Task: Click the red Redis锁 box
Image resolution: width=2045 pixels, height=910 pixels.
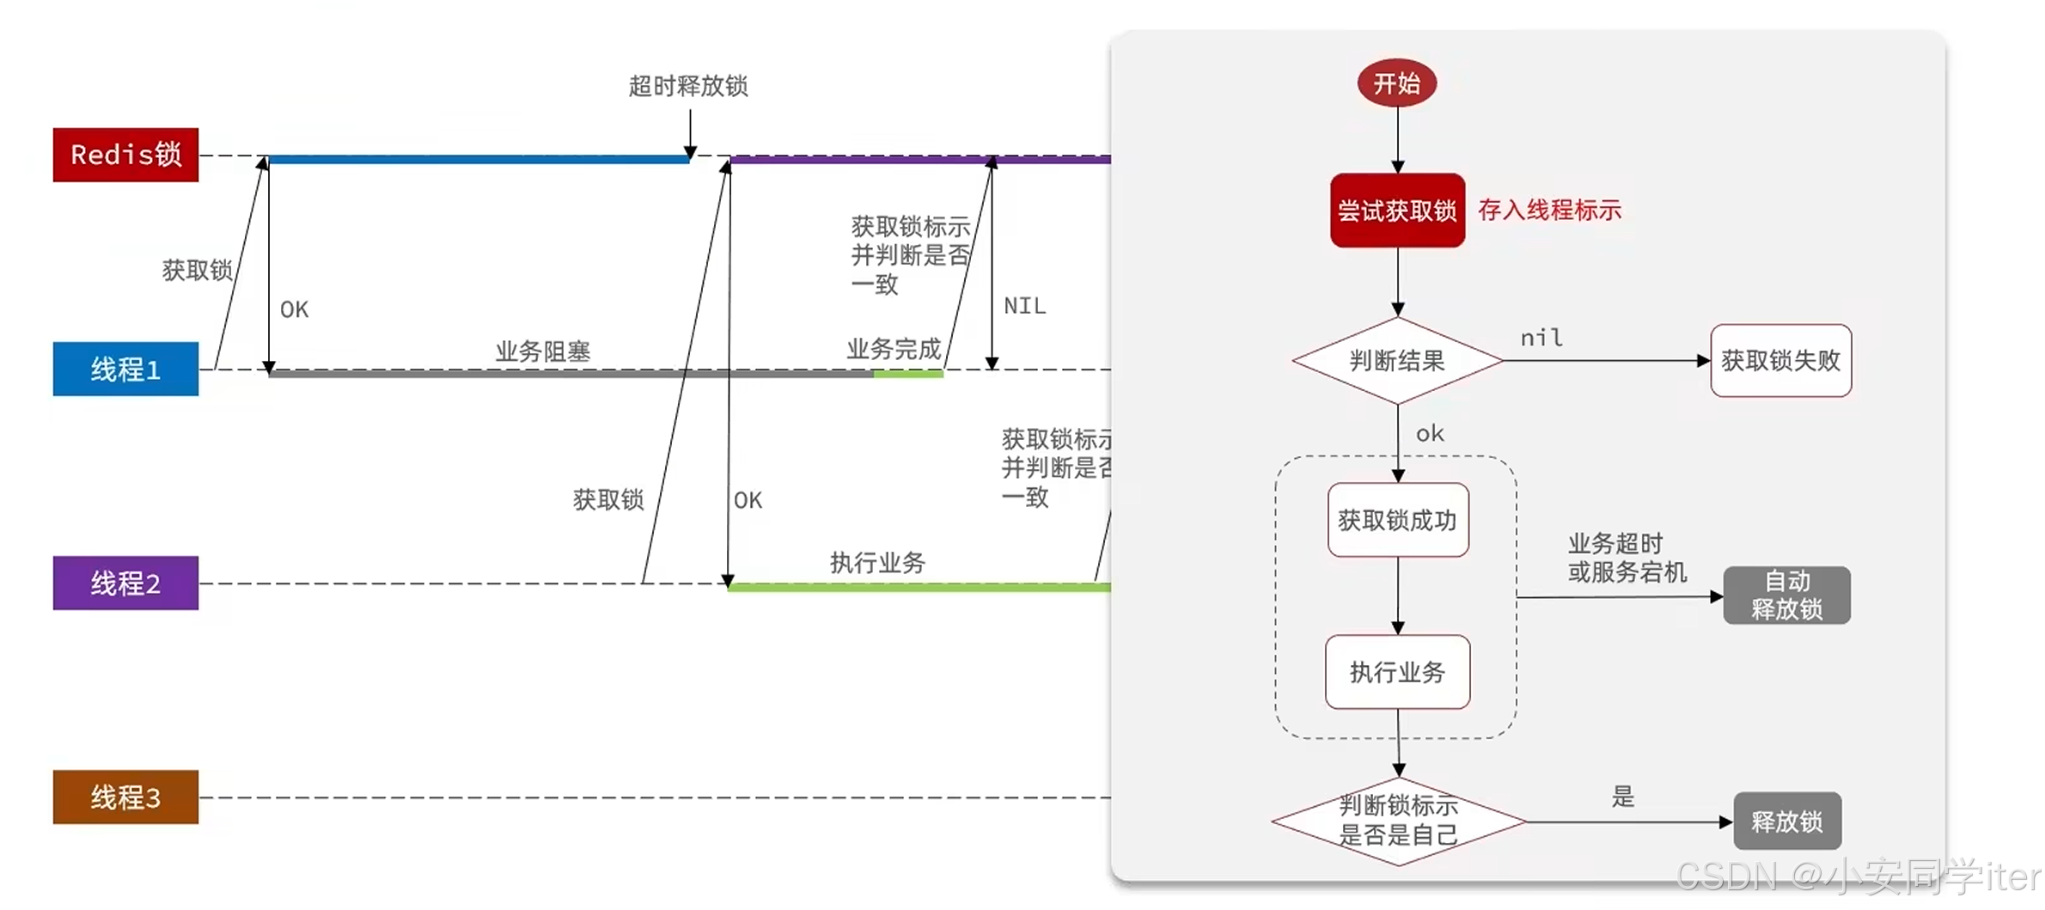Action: [x=125, y=155]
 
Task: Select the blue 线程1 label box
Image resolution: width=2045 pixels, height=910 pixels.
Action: [x=125, y=369]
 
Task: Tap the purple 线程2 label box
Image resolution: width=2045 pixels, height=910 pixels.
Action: [x=125, y=583]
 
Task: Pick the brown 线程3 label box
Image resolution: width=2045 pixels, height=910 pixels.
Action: [x=125, y=797]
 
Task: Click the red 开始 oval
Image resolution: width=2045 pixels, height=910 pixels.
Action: [x=1396, y=83]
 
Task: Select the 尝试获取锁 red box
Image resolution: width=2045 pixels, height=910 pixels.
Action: [x=1397, y=211]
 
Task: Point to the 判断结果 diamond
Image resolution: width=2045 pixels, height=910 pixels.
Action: [x=1397, y=361]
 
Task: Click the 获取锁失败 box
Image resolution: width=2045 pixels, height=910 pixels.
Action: [x=1780, y=361]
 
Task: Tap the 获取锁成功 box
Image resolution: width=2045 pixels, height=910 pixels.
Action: [x=1397, y=520]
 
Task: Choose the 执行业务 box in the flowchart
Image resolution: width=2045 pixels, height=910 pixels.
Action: [x=1397, y=672]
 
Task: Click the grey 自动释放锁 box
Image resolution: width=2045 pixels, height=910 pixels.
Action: [x=1786, y=595]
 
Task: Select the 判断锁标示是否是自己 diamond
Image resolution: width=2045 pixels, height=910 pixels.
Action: [x=1398, y=821]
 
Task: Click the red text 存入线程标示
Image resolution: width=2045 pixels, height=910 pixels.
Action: [x=1549, y=211]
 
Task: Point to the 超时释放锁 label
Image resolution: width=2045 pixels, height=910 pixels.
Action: [x=688, y=86]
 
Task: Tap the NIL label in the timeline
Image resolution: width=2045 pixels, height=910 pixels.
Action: [x=1024, y=306]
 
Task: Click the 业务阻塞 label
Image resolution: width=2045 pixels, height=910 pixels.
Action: [x=542, y=351]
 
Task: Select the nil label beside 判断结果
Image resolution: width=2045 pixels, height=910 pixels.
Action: [x=1541, y=338]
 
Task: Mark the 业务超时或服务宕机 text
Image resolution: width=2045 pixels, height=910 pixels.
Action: [x=1627, y=558]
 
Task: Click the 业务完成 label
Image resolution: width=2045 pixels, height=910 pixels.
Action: [x=894, y=349]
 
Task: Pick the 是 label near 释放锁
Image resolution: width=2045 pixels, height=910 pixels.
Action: [x=1622, y=797]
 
